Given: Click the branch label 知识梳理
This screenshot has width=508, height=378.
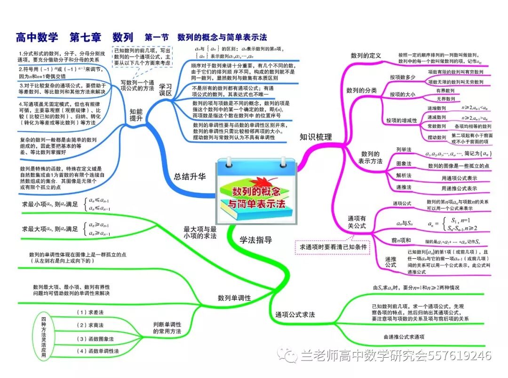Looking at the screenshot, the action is [x=316, y=137].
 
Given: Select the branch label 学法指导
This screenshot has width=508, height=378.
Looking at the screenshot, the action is [x=255, y=240].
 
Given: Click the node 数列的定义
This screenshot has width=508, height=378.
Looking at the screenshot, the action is [x=365, y=56].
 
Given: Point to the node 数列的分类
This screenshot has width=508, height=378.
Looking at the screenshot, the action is [x=361, y=90].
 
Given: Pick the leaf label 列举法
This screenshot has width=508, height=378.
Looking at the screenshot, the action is [x=404, y=149].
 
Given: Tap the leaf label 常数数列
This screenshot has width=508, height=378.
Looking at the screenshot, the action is [x=437, y=126].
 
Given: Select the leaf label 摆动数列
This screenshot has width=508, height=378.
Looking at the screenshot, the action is [x=437, y=137].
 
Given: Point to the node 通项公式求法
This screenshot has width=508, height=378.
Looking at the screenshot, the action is [x=294, y=314].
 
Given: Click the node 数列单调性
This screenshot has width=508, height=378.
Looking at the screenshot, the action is [x=234, y=298].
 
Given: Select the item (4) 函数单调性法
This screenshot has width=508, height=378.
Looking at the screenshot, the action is [x=97, y=351].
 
